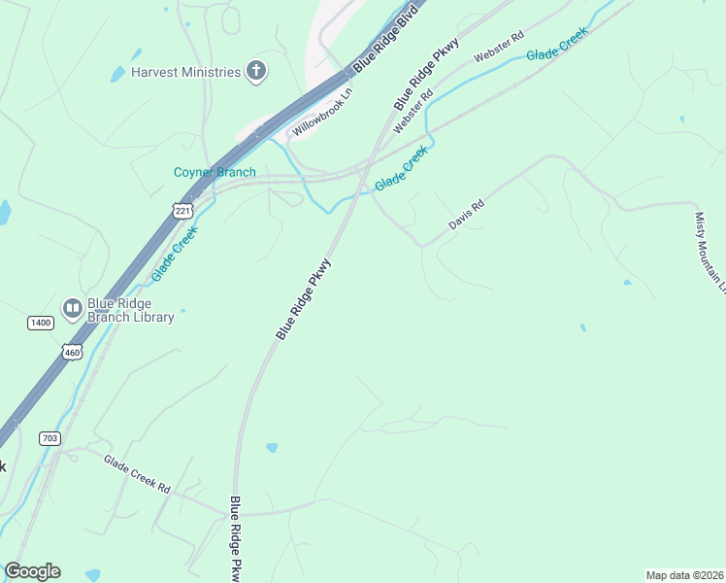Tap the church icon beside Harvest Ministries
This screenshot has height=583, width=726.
click(256, 70)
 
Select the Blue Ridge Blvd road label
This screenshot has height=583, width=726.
click(391, 42)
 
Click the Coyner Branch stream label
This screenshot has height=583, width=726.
click(214, 173)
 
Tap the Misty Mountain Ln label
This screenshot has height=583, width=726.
click(710, 253)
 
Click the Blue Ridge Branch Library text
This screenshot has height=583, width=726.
click(131, 310)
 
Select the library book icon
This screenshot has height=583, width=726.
click(72, 309)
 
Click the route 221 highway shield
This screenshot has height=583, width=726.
click(183, 210)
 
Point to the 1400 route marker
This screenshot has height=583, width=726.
click(40, 322)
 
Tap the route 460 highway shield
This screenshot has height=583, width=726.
click(73, 352)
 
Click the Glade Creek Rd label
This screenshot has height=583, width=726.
click(137, 475)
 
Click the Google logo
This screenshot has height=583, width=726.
click(32, 571)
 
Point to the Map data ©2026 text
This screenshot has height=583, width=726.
click(685, 575)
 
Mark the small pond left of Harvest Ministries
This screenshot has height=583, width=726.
click(117, 74)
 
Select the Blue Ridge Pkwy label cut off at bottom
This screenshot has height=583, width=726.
click(235, 540)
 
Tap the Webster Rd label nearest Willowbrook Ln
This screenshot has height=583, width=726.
click(412, 112)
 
